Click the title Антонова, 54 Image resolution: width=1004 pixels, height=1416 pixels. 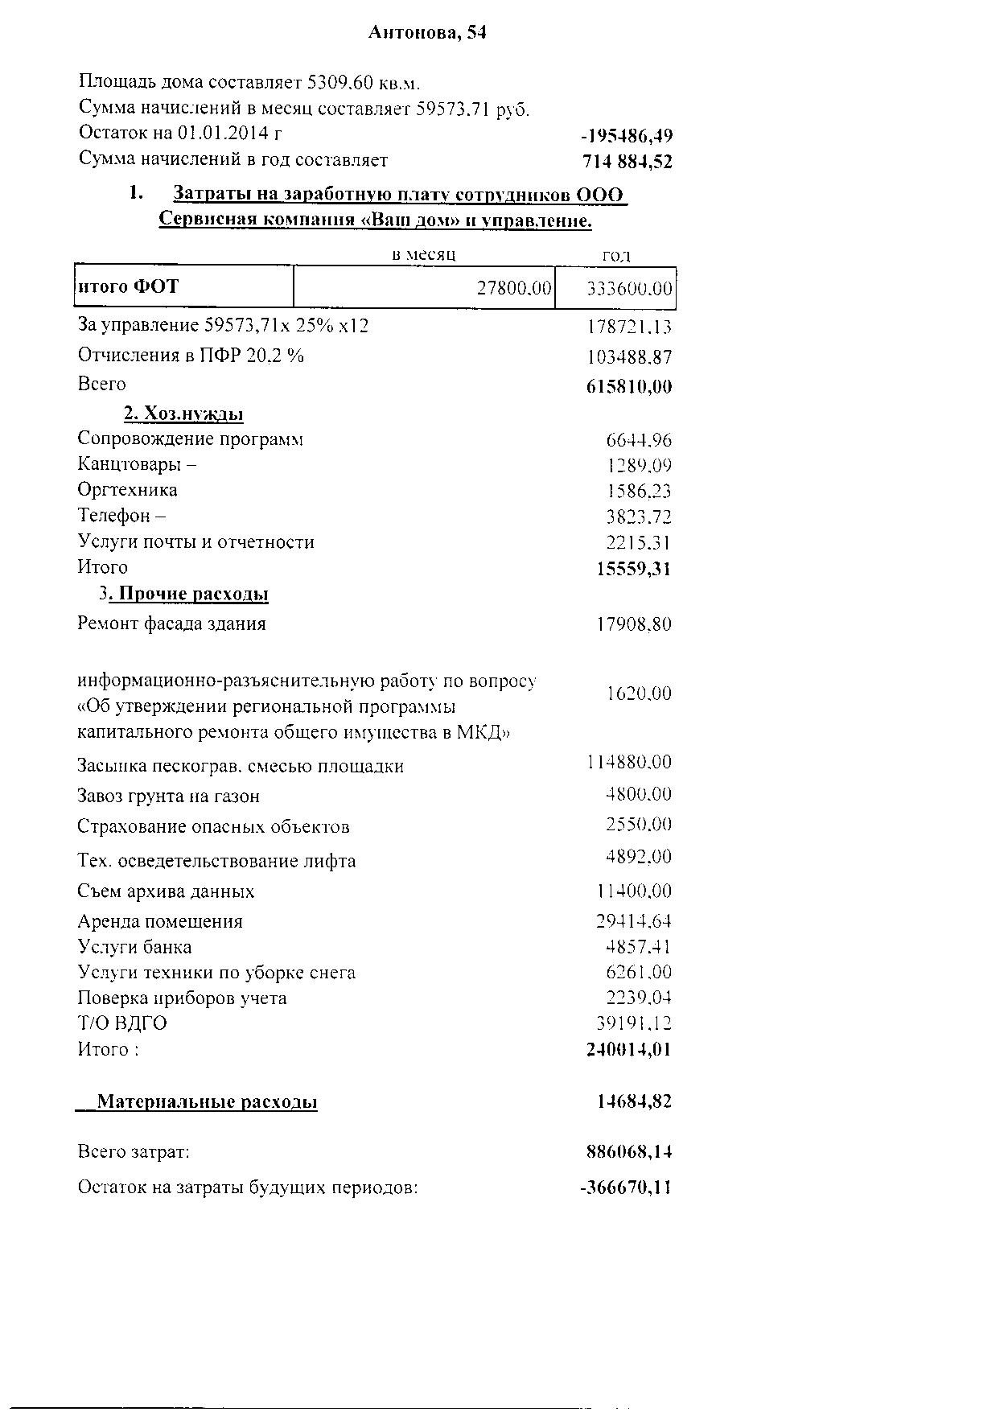(x=427, y=32)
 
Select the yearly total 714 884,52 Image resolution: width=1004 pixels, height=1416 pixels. (x=627, y=162)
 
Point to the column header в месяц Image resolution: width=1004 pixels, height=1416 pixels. (x=423, y=254)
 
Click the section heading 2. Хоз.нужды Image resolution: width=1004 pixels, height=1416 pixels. (x=183, y=414)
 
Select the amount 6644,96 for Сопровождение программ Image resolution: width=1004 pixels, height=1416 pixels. (x=638, y=440)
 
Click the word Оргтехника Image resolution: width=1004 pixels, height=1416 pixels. (x=127, y=490)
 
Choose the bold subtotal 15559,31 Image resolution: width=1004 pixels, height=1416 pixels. (x=633, y=569)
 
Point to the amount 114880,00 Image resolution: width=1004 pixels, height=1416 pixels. (x=629, y=762)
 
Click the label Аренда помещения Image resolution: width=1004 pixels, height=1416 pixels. (x=159, y=921)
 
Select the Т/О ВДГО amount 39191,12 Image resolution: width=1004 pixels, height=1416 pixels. (x=633, y=1023)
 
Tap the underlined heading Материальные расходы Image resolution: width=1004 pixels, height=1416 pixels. (x=207, y=1101)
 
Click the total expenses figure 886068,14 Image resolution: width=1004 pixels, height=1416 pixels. (x=629, y=1152)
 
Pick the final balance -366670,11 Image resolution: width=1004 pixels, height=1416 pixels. (x=625, y=1188)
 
